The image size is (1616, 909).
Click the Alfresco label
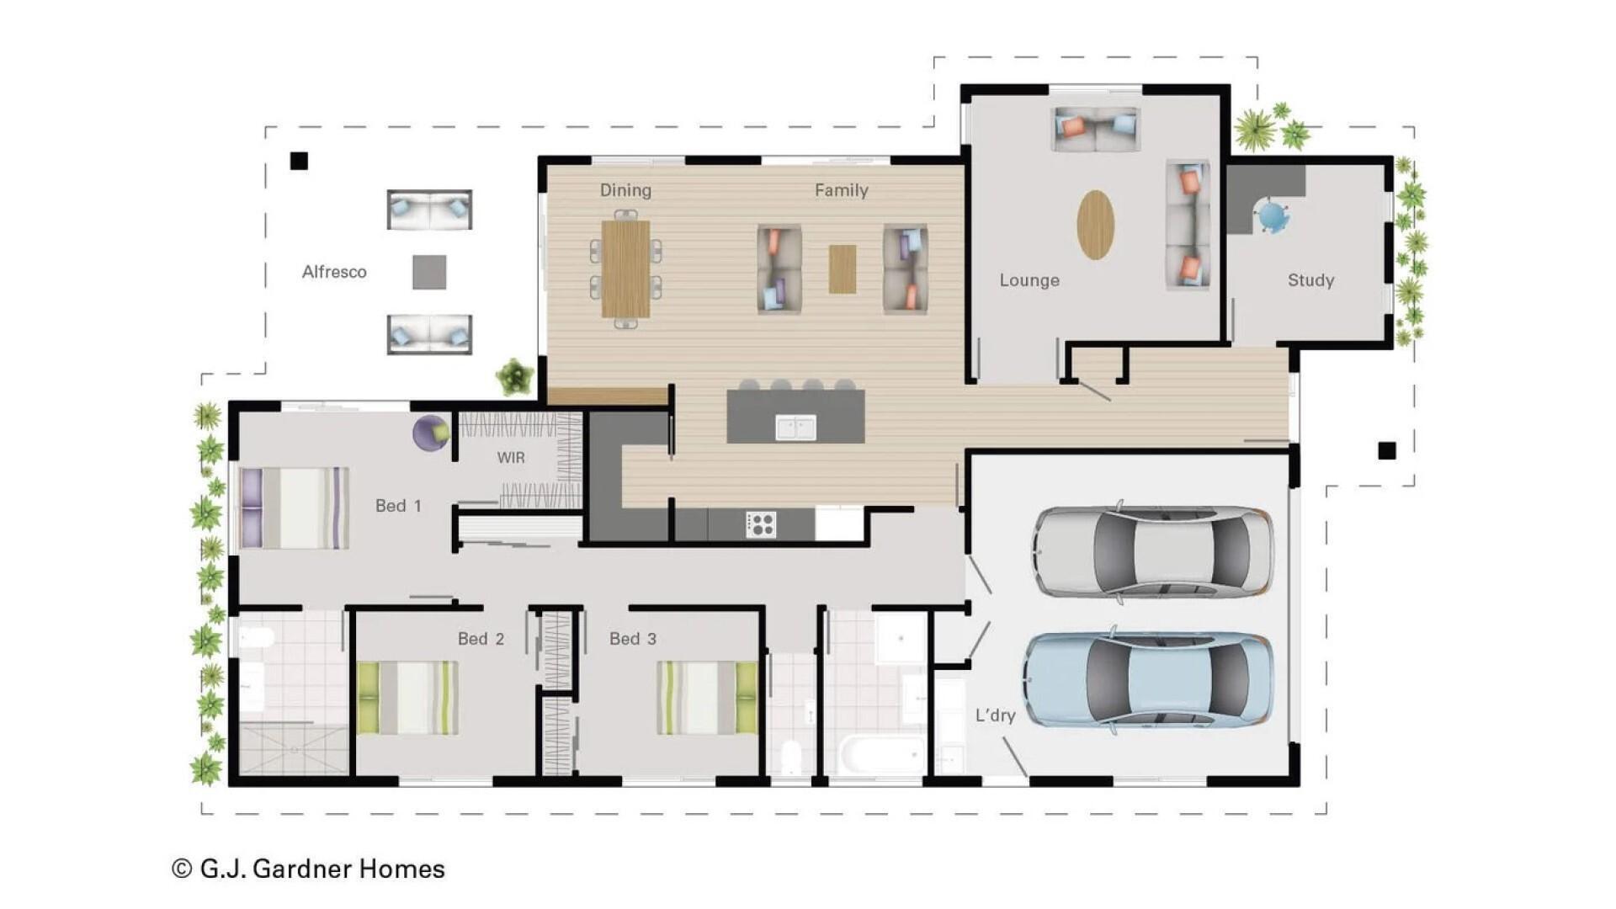click(334, 272)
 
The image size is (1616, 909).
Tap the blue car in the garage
click(1148, 680)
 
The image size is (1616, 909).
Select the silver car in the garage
click(1153, 551)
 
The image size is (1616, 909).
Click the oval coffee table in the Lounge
click(1095, 225)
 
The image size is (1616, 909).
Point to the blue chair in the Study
click(1273, 217)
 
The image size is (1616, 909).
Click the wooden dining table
click(625, 268)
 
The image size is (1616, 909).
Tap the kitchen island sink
click(795, 428)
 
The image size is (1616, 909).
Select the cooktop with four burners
click(760, 524)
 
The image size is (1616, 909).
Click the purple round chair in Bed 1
click(430, 433)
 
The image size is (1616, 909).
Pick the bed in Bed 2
click(407, 697)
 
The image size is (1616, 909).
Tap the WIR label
click(511, 457)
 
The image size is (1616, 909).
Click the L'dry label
click(995, 715)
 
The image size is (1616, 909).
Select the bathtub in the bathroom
click(880, 755)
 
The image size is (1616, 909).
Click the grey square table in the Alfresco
click(429, 272)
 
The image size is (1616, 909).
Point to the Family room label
click(841, 190)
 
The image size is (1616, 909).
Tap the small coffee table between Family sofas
click(842, 268)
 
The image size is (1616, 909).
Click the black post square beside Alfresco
click(299, 161)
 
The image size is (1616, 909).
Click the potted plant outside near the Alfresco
click(514, 375)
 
